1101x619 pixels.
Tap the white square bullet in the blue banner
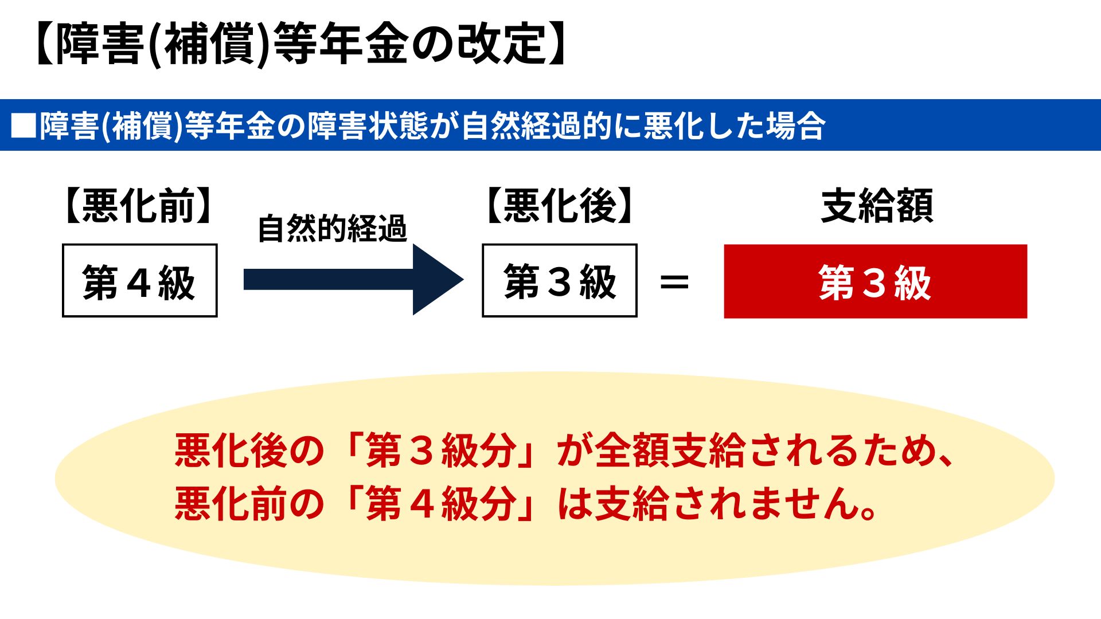click(24, 126)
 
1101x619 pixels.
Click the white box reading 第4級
click(140, 280)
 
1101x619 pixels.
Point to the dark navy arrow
click(353, 280)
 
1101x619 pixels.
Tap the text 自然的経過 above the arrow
click(333, 228)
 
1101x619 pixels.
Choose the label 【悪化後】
click(560, 205)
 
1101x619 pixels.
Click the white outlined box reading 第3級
click(560, 280)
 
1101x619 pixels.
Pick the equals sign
click(674, 282)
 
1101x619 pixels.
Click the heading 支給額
click(877, 205)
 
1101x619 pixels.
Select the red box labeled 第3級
click(876, 281)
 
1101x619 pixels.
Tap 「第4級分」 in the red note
click(442, 504)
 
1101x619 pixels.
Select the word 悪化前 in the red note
click(231, 504)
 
